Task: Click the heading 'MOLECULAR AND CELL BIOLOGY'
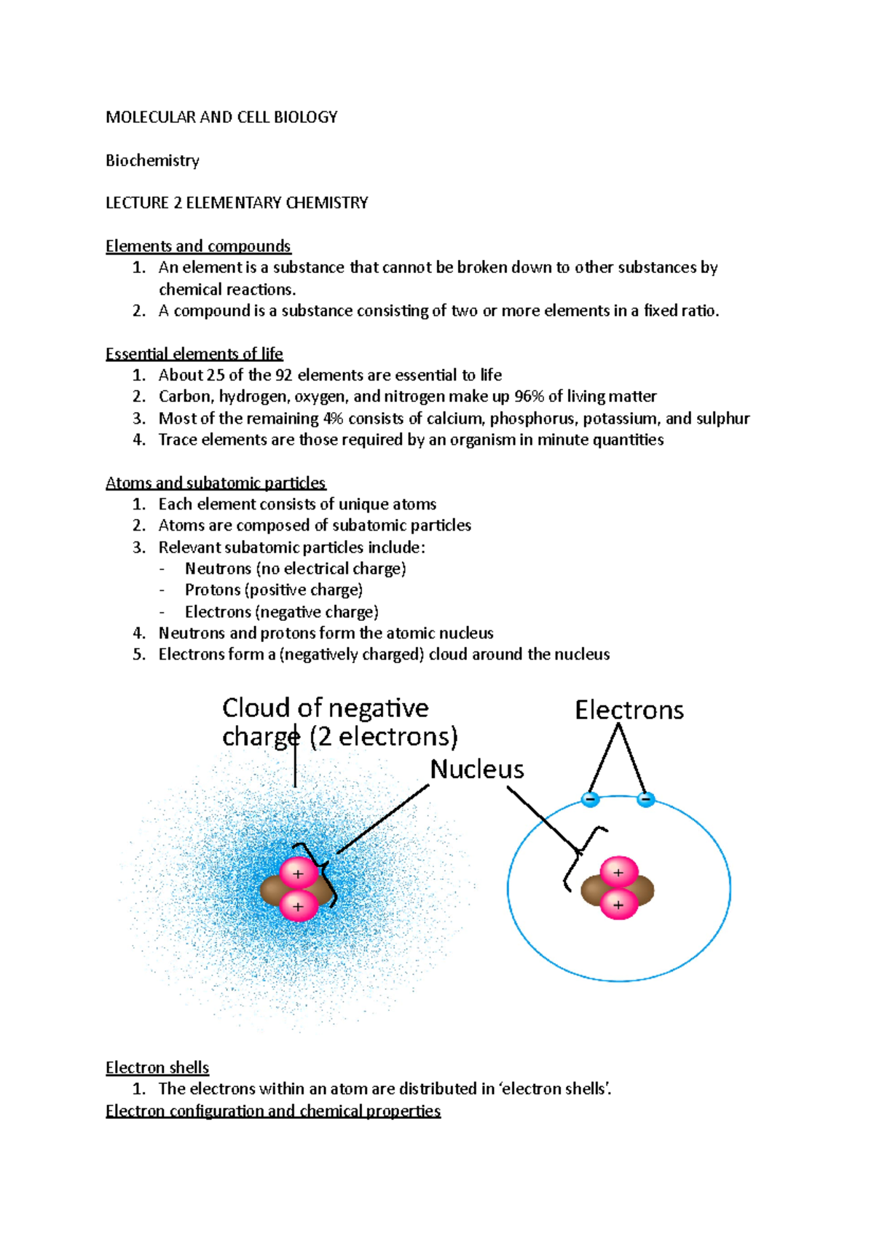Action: click(221, 117)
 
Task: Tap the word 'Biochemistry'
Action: click(152, 160)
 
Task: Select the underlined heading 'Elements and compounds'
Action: click(198, 246)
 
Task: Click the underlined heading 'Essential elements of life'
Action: click(194, 354)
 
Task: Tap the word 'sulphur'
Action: click(723, 419)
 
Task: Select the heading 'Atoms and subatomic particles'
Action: click(216, 483)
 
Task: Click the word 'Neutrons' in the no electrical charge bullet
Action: click(218, 569)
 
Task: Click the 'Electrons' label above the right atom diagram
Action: click(629, 710)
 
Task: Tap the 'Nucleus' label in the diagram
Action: click(477, 769)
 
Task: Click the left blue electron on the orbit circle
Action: click(591, 800)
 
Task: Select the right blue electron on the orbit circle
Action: click(645, 799)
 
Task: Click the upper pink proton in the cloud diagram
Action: click(299, 873)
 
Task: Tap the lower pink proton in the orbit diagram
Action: click(618, 905)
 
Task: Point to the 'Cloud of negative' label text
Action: click(325, 708)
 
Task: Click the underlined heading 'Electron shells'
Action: click(157, 1068)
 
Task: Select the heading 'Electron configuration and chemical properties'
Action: click(273, 1111)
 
